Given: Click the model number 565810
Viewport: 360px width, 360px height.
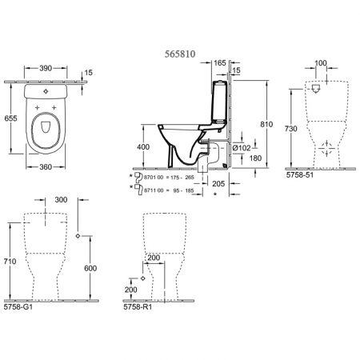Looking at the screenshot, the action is click(180, 54).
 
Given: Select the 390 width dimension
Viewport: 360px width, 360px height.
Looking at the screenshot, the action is click(46, 68).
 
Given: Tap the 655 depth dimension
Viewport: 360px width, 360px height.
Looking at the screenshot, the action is click(10, 118).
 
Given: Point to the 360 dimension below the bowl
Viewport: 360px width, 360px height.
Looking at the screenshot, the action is click(46, 167).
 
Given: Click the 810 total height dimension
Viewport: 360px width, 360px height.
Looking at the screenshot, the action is click(266, 124).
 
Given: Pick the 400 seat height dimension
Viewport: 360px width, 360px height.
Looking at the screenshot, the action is click(143, 146).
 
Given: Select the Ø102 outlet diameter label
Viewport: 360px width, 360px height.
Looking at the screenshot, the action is click(242, 148).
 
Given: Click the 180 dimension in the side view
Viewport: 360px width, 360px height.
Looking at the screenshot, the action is click(255, 158).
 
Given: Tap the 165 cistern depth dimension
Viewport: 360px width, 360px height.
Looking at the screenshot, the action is click(220, 63).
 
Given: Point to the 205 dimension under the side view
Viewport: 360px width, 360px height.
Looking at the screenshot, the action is click(218, 183).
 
